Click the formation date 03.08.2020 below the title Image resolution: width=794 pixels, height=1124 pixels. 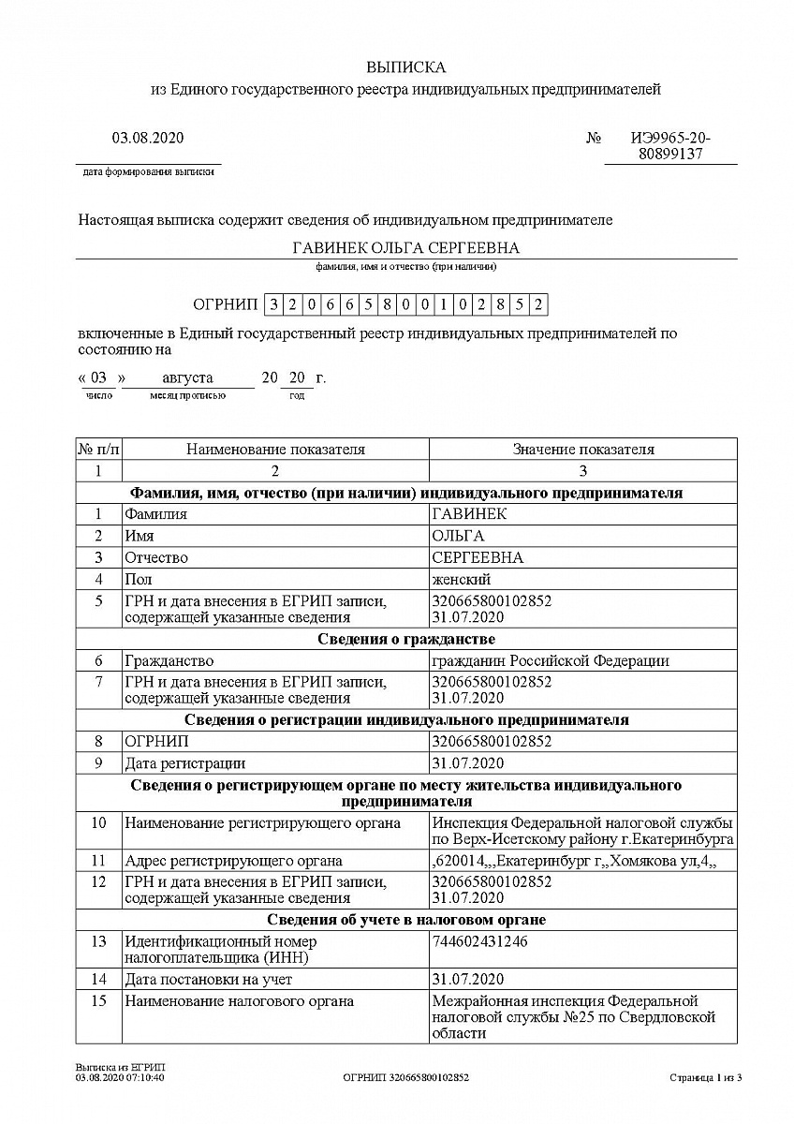(148, 138)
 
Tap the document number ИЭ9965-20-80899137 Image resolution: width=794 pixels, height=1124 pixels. (669, 146)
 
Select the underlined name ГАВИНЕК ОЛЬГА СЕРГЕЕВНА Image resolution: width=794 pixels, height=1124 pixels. (405, 247)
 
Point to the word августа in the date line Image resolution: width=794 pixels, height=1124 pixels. (187, 378)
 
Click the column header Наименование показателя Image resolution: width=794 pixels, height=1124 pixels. (275, 450)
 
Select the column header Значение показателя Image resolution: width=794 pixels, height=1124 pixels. (582, 450)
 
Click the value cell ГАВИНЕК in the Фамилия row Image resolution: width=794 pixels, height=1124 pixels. (468, 514)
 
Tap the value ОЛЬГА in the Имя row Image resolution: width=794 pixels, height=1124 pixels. (458, 536)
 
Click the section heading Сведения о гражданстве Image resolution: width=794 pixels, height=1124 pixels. (405, 640)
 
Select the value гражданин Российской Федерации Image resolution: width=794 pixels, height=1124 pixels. (551, 661)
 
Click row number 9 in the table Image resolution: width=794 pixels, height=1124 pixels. (98, 763)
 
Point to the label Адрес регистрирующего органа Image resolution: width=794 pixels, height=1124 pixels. (233, 861)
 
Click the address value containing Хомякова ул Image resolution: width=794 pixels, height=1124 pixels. (574, 861)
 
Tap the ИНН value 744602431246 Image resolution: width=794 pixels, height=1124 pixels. (479, 941)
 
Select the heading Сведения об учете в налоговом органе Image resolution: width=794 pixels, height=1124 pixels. (405, 920)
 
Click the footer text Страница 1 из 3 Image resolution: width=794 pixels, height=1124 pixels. (705, 1078)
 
